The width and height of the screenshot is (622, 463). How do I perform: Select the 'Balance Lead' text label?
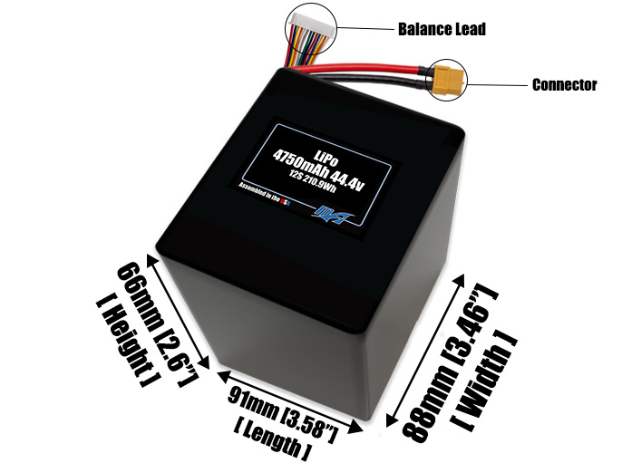click(x=442, y=29)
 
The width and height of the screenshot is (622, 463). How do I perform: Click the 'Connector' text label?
click(x=564, y=85)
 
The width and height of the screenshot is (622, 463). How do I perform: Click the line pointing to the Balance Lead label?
click(x=362, y=29)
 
